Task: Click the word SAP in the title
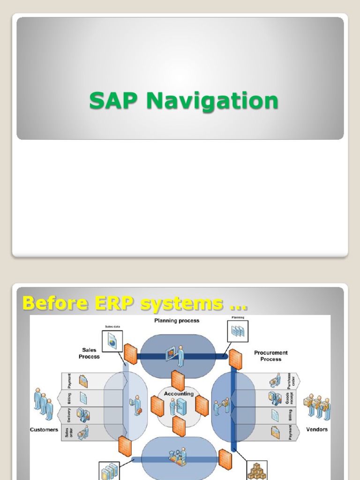click(115, 101)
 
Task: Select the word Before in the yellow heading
click(55, 303)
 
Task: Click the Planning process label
click(177, 321)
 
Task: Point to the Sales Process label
click(89, 353)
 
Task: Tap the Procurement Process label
click(271, 356)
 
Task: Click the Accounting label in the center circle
click(178, 394)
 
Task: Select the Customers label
click(44, 429)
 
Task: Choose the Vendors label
click(317, 429)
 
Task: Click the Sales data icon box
click(112, 341)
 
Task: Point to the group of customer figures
click(43, 403)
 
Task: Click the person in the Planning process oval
click(180, 355)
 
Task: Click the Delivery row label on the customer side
click(68, 415)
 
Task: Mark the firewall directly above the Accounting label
click(178, 380)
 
